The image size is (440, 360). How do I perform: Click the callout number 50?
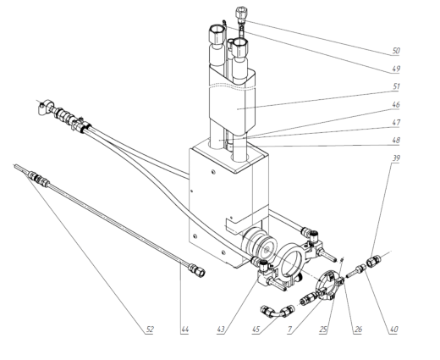click(x=395, y=50)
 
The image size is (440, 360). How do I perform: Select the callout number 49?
click(x=395, y=69)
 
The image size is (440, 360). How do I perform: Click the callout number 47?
click(x=395, y=124)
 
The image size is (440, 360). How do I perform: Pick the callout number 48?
click(x=395, y=140)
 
